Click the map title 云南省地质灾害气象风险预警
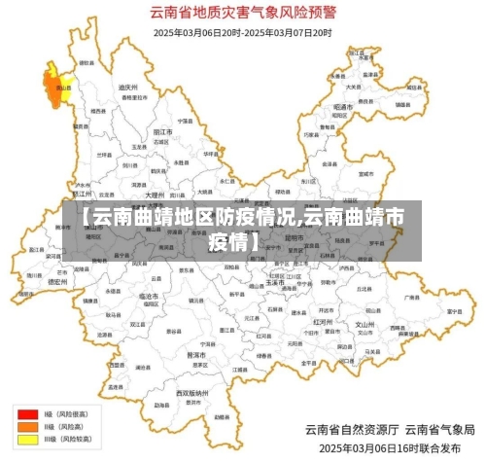point(242,14)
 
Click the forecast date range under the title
point(242,32)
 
